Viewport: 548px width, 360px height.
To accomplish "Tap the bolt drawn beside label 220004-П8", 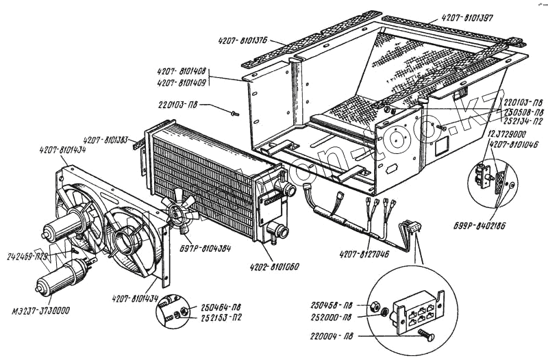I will click(426, 333).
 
